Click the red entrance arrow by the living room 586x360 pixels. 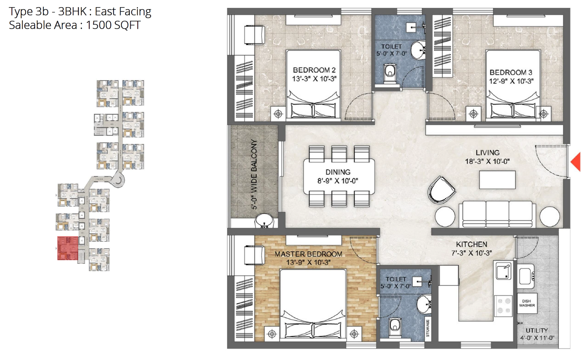pos(577,162)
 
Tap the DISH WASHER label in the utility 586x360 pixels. pos(527,303)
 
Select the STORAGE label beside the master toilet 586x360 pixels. pos(428,328)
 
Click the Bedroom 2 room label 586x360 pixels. pos(314,70)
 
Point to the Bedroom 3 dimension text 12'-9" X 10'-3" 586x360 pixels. pos(511,81)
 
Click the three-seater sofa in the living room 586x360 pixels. pos(497,214)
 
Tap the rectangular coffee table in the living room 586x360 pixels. pos(497,180)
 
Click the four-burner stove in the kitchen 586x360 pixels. pos(503,306)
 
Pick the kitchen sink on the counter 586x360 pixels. pos(503,271)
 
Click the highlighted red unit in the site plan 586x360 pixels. pos(68,248)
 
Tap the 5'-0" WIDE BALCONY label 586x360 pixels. pos(254,174)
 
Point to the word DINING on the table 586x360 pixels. pos(338,172)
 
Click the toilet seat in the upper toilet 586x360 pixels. pos(390,73)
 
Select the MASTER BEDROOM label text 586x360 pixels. pos(309,254)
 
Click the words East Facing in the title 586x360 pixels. pos(123,12)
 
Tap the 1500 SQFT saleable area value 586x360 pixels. pos(113,25)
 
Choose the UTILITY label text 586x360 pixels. pos(537,330)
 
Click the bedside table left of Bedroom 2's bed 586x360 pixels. pos(278,114)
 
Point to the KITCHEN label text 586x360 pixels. pos(472,245)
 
